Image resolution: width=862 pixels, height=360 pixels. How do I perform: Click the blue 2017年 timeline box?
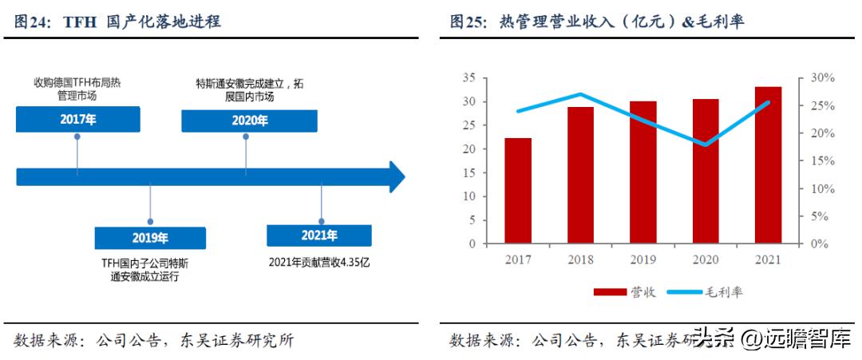77,120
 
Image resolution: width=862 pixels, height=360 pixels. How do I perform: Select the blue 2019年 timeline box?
149,238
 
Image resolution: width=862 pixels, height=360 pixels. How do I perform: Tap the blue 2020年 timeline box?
248,121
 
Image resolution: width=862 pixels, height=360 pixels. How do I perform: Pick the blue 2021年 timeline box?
319,235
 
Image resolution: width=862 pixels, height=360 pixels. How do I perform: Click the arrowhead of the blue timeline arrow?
397,176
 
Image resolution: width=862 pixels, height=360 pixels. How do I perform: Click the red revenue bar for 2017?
518,191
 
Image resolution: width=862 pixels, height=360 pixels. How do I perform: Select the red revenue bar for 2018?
581,175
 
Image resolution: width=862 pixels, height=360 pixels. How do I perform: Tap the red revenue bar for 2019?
643,172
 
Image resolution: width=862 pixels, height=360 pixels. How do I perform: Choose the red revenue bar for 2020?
706,171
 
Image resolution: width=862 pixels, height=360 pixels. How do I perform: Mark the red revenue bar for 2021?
768,165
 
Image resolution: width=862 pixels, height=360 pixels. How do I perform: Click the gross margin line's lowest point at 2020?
706,144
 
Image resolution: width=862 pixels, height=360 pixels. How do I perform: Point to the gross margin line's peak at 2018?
581,94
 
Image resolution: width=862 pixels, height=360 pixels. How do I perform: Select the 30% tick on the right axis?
821,77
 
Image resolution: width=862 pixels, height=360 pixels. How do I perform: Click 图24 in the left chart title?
34,22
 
